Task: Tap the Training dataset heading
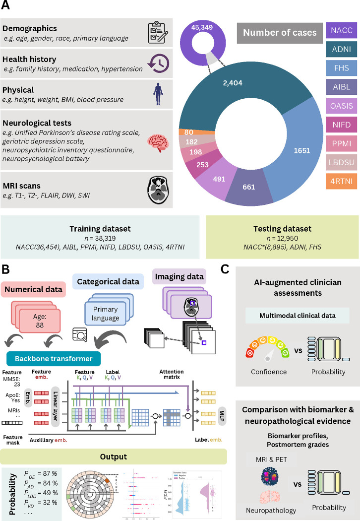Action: pos(100,229)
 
